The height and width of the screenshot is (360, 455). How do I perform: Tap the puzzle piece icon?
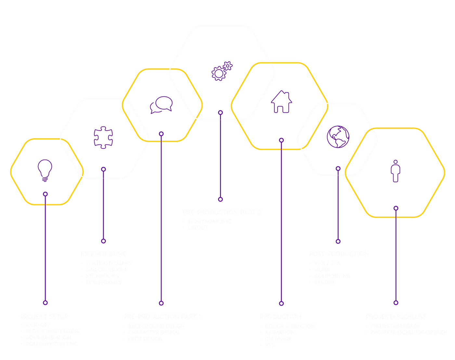click(x=103, y=137)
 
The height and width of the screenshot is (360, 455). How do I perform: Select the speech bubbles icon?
click(x=161, y=105)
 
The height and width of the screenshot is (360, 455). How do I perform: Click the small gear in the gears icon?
click(x=228, y=66)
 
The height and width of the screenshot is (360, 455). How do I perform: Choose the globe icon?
click(x=338, y=137)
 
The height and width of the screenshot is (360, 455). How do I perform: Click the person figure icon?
click(x=396, y=171)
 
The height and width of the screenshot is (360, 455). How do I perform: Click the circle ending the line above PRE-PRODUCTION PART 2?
click(x=220, y=199)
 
